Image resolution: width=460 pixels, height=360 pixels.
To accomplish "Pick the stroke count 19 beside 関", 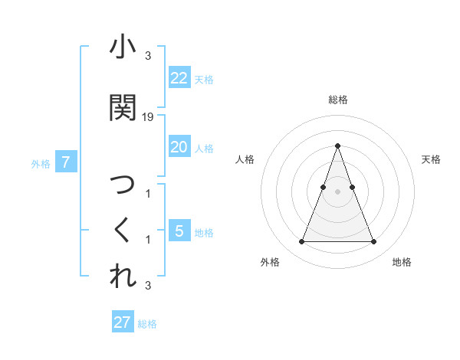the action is point(149,116).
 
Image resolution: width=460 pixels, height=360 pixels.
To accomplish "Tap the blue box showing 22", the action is point(179,78).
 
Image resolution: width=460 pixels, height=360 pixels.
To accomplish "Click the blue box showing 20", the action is point(179,147).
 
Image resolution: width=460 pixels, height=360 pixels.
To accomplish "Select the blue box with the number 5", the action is point(179,231).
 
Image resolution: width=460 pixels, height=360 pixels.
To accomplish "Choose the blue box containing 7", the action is point(66,162).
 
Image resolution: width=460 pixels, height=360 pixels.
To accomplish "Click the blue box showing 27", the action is point(122,322).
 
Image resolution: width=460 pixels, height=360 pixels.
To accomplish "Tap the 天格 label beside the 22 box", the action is point(204,80).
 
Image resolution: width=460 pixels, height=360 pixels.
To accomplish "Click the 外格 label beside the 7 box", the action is point(41,163).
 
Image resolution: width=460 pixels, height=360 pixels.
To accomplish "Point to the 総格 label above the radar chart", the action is point(337,100).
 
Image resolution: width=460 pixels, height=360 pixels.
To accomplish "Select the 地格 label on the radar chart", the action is point(402,262).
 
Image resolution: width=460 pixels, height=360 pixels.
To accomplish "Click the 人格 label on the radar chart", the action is point(245,159).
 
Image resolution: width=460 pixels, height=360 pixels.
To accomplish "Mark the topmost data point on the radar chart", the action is point(337,146).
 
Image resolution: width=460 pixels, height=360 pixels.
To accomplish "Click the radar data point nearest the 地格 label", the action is point(373,242).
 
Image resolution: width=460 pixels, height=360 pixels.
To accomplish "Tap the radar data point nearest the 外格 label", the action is point(301,242).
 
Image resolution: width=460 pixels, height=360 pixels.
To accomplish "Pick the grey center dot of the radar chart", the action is point(337,191).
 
